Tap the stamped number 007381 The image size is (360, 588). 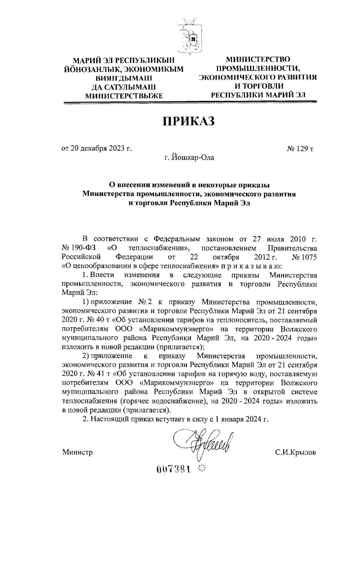(x=173, y=469)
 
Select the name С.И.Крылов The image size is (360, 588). (x=296, y=452)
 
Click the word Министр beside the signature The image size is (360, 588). (x=77, y=452)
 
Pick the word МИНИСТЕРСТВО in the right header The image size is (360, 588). (x=258, y=59)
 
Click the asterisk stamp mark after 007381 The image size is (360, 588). (x=202, y=468)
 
